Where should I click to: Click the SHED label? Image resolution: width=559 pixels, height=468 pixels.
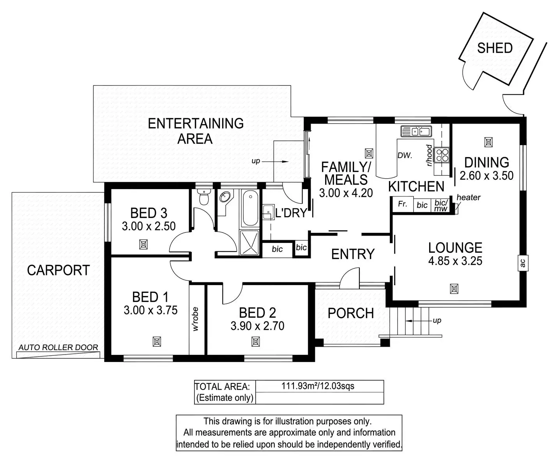(x=495, y=48)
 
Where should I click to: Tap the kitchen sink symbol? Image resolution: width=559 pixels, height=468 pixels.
(x=416, y=131)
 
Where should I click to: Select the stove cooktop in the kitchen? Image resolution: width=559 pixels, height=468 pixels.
(x=442, y=154)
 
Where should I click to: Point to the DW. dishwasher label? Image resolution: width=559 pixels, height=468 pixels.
(x=405, y=155)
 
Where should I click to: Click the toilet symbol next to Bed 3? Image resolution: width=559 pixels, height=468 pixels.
(x=203, y=197)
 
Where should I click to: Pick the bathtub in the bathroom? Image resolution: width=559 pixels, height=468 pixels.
(x=249, y=208)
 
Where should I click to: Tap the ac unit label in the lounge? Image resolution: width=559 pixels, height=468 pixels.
(x=523, y=263)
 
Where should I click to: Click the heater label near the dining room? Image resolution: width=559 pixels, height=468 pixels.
(x=468, y=197)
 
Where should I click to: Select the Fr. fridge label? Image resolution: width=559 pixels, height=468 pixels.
(x=402, y=204)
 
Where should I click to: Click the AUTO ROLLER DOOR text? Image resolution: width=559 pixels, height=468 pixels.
(x=58, y=347)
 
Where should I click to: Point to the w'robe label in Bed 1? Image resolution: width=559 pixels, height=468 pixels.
(x=196, y=319)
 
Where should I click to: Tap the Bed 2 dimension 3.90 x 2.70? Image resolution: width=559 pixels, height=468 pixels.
(x=257, y=326)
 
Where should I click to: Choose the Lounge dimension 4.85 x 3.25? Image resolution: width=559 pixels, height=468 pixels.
(x=455, y=261)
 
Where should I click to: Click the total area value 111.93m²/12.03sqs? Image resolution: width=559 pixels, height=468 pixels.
(x=318, y=386)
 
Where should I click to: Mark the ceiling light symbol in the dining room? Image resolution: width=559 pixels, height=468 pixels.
(x=488, y=142)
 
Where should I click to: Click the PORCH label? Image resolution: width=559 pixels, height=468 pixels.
(x=350, y=313)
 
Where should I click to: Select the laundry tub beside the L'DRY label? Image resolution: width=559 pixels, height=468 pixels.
(x=268, y=212)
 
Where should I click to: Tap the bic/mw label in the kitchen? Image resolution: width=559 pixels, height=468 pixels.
(x=441, y=205)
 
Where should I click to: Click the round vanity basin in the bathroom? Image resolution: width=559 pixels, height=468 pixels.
(x=225, y=197)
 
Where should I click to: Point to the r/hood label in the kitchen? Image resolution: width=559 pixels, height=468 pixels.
(x=429, y=155)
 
